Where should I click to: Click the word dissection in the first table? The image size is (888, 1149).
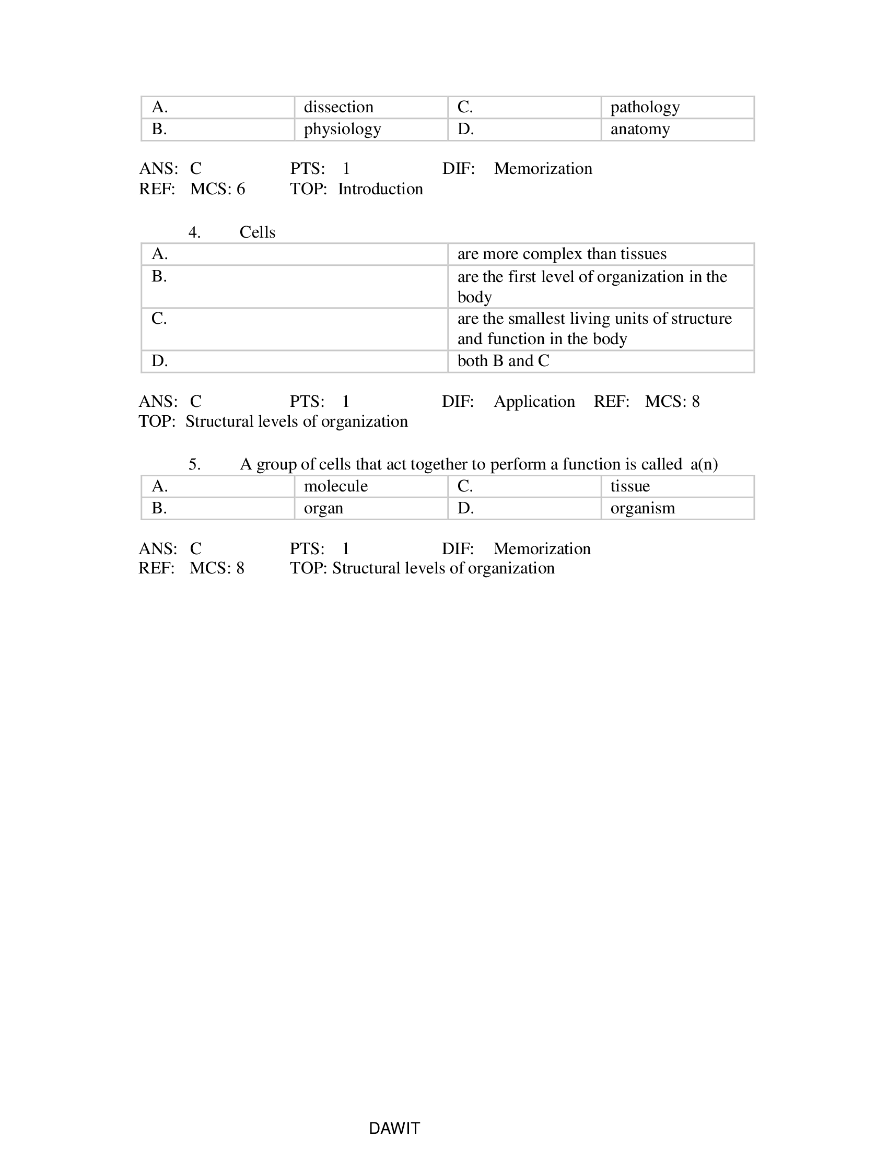[338, 107]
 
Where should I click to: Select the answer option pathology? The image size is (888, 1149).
[645, 107]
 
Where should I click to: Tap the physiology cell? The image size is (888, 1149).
[342, 130]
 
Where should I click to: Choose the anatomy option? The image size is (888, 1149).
[640, 130]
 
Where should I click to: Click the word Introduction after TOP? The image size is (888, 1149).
[380, 189]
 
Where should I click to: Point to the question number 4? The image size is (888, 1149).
[194, 232]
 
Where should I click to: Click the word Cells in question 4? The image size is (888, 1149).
[257, 232]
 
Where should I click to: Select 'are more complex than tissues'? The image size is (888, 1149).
[562, 254]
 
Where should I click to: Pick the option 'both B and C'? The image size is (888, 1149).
[503, 361]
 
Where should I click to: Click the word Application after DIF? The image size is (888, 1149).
[534, 402]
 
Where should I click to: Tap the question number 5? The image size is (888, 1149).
[194, 464]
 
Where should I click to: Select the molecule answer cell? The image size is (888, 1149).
[336, 486]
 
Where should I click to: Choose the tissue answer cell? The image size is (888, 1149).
[630, 486]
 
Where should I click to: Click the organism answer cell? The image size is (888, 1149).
[642, 508]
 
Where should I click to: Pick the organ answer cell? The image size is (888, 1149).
[323, 508]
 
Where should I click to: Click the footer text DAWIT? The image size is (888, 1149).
[394, 1128]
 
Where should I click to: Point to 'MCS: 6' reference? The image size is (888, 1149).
[217, 189]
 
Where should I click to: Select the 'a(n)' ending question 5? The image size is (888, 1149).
[704, 464]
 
